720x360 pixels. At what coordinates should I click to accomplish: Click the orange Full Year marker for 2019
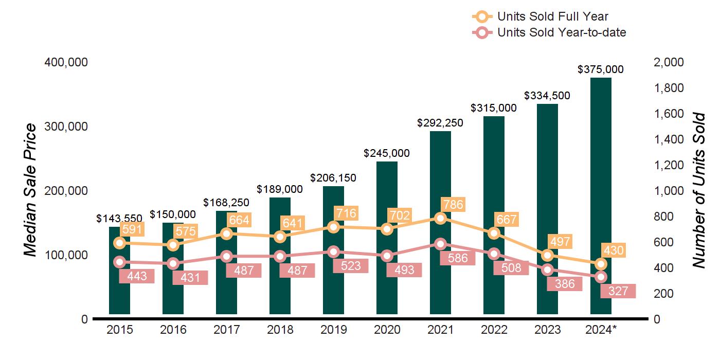point(333,227)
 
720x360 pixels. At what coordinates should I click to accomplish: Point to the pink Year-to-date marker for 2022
point(494,254)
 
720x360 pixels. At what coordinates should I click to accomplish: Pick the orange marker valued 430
point(601,264)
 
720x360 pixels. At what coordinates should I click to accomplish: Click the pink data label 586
point(458,258)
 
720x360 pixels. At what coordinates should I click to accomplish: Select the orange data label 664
point(239,220)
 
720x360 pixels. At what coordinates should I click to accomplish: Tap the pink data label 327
point(618,291)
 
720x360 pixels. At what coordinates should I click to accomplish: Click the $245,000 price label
point(387,153)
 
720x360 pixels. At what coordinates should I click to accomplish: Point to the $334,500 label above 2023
point(547,96)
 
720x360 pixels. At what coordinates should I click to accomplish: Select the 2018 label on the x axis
point(280,330)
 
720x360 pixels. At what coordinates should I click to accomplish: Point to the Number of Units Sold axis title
point(698,190)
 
